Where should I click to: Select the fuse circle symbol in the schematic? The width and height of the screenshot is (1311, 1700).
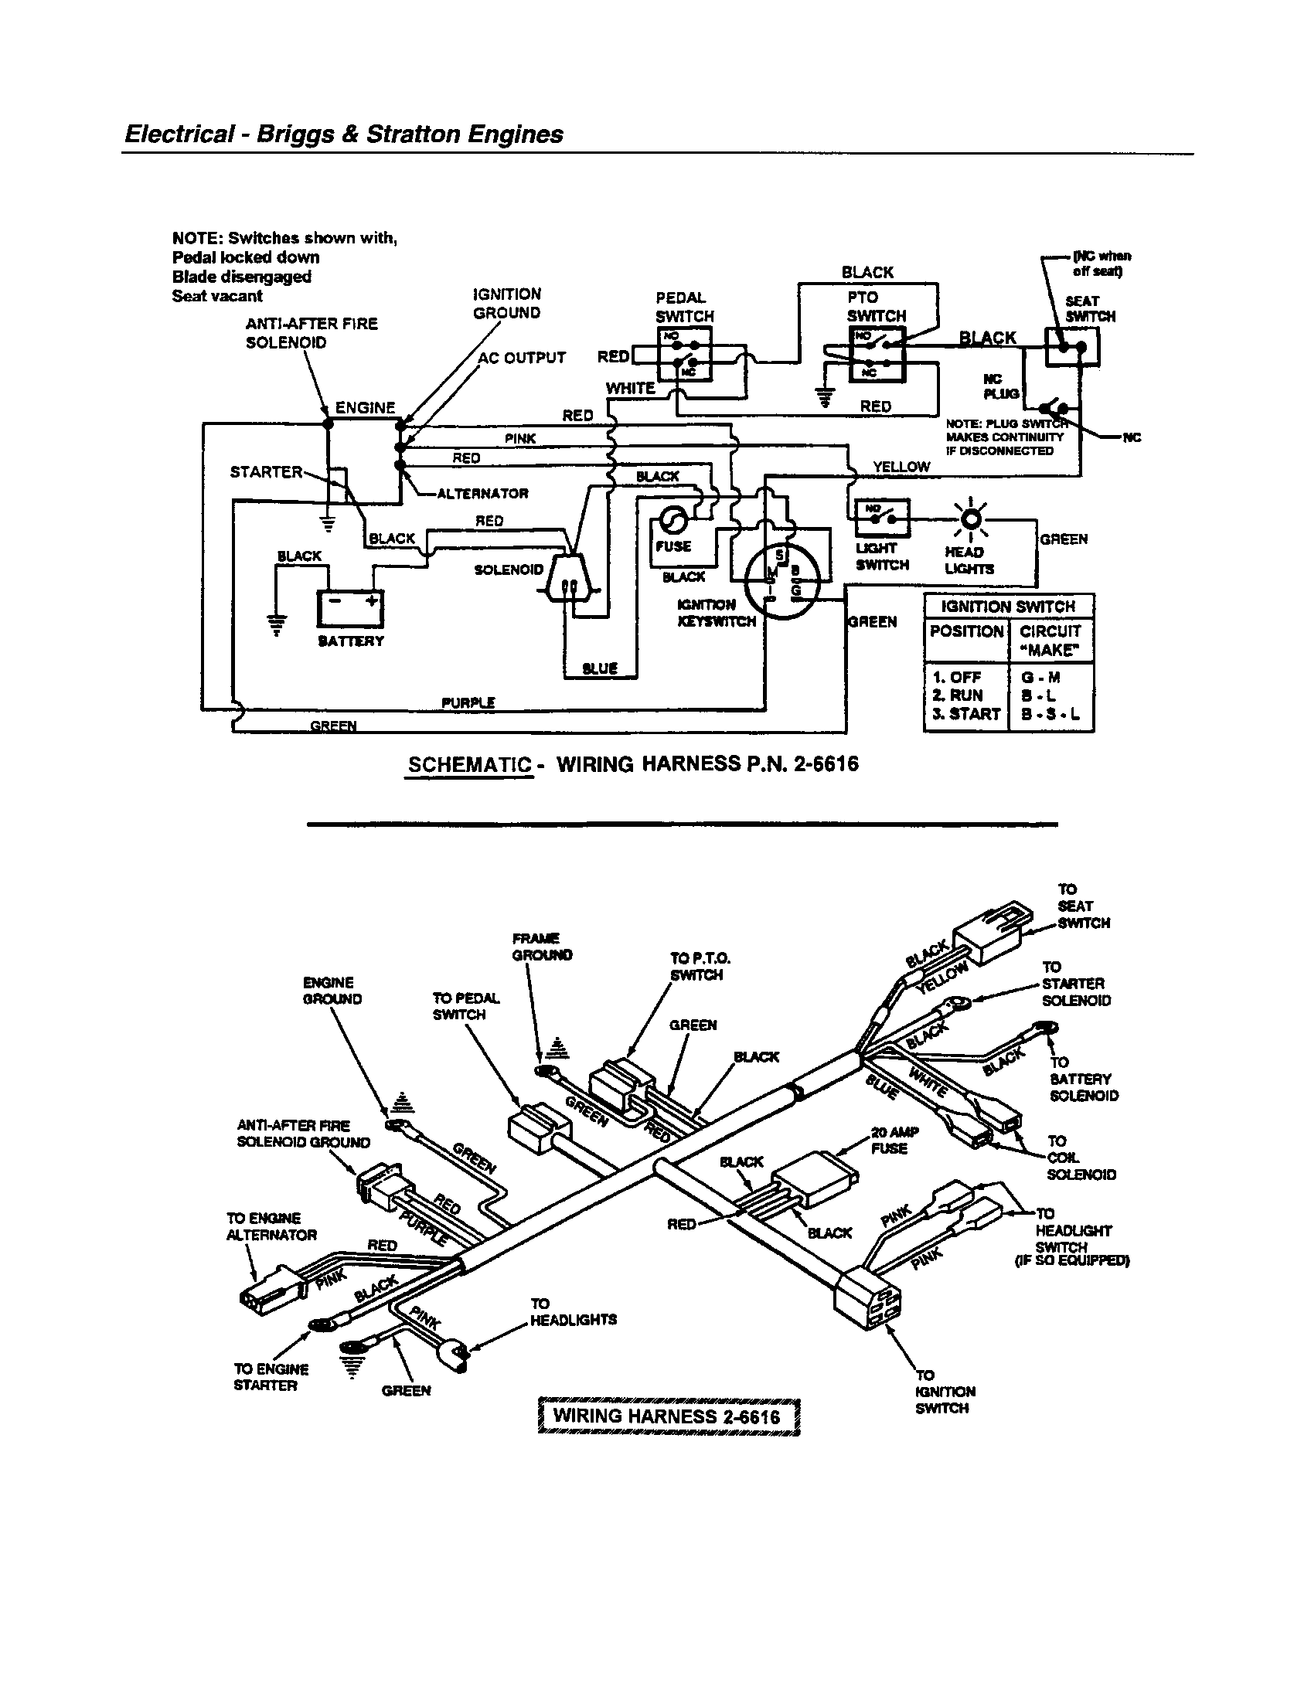[x=673, y=519]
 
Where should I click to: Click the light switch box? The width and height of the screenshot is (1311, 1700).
[x=883, y=518]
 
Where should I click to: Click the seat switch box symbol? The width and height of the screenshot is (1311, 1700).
[x=1071, y=347]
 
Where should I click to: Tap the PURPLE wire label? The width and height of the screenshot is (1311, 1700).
[x=468, y=703]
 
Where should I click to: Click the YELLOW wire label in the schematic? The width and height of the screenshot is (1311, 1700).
[x=901, y=467]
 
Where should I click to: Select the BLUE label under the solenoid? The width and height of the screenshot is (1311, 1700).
[x=599, y=668]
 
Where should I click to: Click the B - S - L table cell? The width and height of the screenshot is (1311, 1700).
[x=1051, y=714]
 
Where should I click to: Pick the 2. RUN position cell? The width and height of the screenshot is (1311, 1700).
[x=958, y=695]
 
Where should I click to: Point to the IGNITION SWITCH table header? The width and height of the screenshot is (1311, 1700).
[x=1008, y=607]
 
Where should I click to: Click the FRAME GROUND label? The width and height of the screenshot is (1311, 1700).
[x=542, y=947]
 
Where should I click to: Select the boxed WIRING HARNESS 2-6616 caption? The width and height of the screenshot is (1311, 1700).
[x=669, y=1415]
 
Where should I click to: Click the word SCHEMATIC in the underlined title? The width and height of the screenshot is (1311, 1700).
[x=469, y=764]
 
